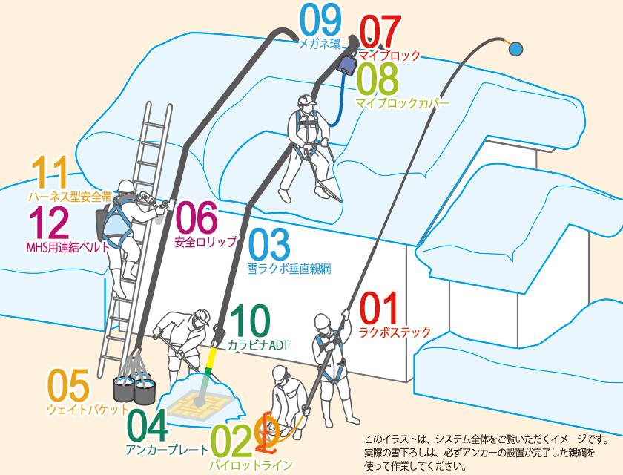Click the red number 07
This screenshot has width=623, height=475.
pos(380,31)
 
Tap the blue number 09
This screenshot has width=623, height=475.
pos(320,20)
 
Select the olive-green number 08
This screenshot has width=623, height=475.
pos(377,79)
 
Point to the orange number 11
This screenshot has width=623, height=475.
pos(50,172)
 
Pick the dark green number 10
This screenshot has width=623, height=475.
pos(249,321)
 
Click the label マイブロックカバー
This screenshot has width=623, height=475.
pos(402,103)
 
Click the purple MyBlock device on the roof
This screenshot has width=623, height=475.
pos(346,67)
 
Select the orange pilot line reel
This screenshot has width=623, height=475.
pos(268,435)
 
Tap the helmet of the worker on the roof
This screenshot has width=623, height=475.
pos(306,101)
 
